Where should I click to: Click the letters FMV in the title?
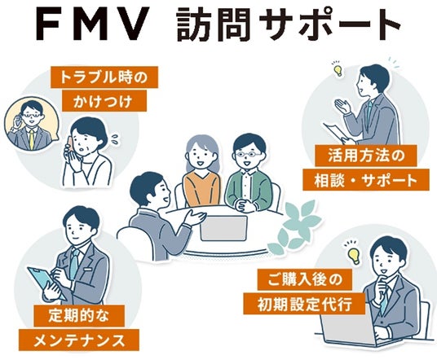click(x=91, y=24)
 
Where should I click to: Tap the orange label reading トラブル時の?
click(x=104, y=77)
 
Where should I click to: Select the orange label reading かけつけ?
click(x=104, y=101)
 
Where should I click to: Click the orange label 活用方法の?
click(x=366, y=156)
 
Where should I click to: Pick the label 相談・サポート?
click(x=366, y=179)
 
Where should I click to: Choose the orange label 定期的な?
click(x=79, y=316)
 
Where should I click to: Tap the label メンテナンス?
click(x=79, y=340)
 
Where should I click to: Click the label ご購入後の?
click(x=304, y=279)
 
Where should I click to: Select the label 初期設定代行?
click(x=304, y=304)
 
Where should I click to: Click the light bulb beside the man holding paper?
click(x=338, y=70)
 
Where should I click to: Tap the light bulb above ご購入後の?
click(x=354, y=256)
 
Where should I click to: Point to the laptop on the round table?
click(x=223, y=228)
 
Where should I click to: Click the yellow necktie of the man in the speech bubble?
click(x=32, y=139)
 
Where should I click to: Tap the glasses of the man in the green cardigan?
click(x=248, y=154)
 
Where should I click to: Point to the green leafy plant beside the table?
click(x=294, y=227)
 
